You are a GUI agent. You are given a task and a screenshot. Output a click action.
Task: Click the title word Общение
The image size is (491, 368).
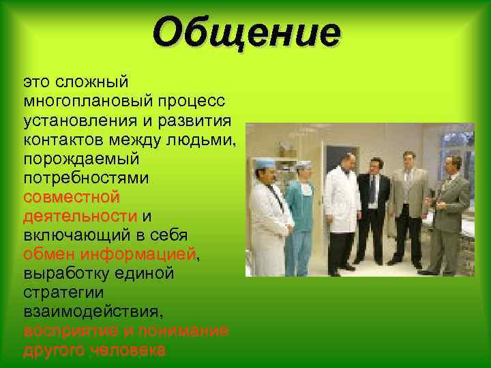pos(245,32)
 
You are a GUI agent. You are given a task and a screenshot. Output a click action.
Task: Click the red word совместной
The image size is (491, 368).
pos(71,197)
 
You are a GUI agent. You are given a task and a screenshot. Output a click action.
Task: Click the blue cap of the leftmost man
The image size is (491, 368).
pos(263,164)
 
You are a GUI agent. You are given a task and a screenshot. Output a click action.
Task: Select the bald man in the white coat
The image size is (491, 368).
pos(342,204)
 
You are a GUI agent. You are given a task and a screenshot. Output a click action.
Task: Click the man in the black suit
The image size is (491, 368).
pos(373,204)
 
